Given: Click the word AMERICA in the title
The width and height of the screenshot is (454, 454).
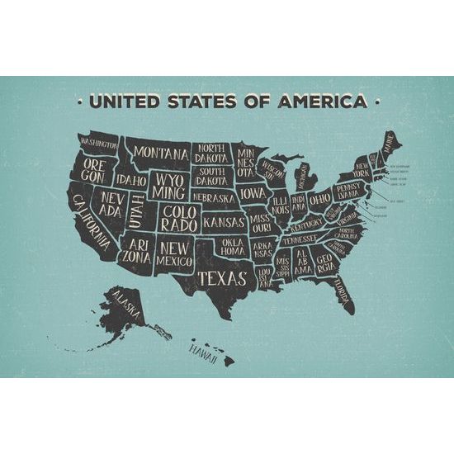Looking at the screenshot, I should coord(324,102).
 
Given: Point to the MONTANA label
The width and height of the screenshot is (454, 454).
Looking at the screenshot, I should coord(160,153).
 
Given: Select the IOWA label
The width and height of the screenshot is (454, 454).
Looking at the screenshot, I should coord(253,194).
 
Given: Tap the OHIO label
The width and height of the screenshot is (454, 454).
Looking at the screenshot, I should coord(319,199).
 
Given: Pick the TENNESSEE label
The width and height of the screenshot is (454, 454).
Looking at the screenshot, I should coord(299,239).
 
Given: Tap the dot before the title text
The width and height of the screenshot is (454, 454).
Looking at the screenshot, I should coord(78,103).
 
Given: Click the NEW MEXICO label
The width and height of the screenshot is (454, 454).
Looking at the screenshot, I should coord(176,253).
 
